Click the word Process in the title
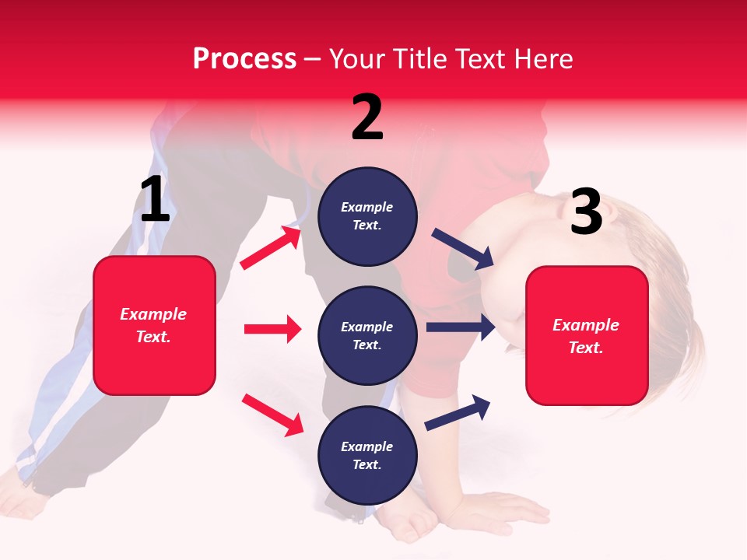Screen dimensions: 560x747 [x=244, y=59]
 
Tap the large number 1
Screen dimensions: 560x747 [x=155, y=200]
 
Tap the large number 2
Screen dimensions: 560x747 [x=367, y=117]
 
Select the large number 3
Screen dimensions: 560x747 [x=586, y=212]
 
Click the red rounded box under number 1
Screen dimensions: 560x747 [x=154, y=325]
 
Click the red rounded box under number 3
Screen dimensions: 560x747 [x=587, y=335]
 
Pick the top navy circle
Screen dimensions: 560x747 [x=367, y=216]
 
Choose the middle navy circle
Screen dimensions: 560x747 [x=367, y=336]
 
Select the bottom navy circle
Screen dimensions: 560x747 [x=367, y=456]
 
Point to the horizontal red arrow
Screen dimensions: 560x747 [x=272, y=329]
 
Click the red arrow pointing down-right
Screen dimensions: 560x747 [x=272, y=415]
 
